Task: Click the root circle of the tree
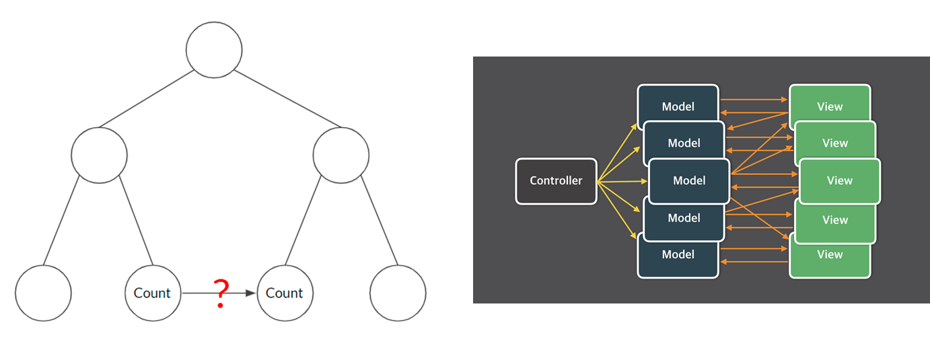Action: (x=214, y=50)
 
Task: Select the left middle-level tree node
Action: (x=99, y=155)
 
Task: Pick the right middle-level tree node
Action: (x=341, y=155)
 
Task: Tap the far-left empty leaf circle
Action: (x=43, y=293)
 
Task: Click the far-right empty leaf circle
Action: (x=398, y=293)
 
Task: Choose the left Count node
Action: (x=153, y=293)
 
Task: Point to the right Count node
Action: (x=285, y=293)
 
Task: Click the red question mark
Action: (x=220, y=293)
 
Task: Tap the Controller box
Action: (x=556, y=181)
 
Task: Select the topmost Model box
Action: (x=678, y=101)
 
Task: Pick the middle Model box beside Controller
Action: (x=689, y=181)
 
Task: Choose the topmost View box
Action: (x=830, y=101)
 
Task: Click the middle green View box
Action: (x=839, y=181)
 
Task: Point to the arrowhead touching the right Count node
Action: (x=252, y=293)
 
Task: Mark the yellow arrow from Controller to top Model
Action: (x=617, y=153)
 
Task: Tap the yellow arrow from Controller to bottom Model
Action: (x=617, y=210)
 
